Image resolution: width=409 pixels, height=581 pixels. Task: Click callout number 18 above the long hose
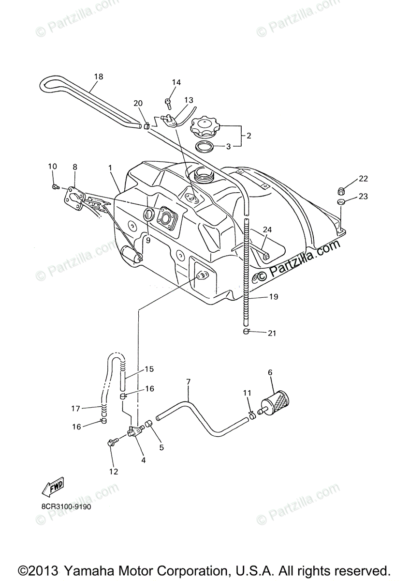[x=99, y=76]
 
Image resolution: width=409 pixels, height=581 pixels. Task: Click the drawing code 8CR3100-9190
[x=66, y=507]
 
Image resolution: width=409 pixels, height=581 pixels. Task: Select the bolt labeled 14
[x=168, y=102]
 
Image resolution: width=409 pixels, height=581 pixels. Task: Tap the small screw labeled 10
[x=56, y=186]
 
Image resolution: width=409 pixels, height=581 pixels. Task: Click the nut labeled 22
[x=341, y=190]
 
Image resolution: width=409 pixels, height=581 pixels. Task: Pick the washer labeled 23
[x=341, y=202]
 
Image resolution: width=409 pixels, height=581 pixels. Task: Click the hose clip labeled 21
[x=247, y=332]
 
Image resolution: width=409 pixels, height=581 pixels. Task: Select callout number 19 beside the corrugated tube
[x=273, y=297]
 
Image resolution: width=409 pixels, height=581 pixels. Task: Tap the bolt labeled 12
[x=112, y=442]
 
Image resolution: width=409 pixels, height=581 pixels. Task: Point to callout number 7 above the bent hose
[x=188, y=382]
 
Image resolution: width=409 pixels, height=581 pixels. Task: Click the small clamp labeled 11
[x=252, y=415]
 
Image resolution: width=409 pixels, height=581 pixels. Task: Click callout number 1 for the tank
[x=110, y=168]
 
